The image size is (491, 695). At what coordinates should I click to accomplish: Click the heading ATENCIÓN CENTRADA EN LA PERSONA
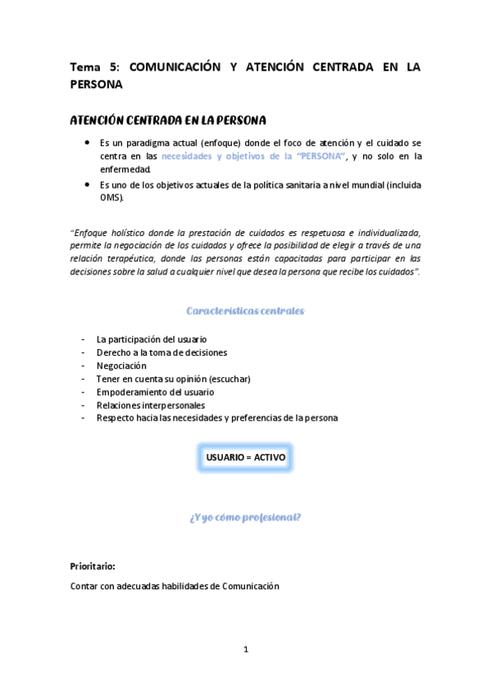coord(168,120)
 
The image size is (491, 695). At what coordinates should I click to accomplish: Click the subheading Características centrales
coord(245,311)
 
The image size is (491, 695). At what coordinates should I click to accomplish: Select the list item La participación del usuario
coord(151,338)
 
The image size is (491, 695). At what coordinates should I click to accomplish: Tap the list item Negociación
coord(121,366)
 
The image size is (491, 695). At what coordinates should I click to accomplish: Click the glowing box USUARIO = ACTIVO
coord(245,457)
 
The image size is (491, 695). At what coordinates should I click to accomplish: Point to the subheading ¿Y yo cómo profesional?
coord(245,517)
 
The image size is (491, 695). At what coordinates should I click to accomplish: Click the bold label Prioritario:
coord(93,566)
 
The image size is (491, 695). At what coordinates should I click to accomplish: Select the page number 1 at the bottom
coord(245,650)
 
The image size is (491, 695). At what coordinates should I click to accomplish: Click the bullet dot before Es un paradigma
coord(88,141)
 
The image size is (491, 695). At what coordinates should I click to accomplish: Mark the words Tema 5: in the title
coord(95,68)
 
